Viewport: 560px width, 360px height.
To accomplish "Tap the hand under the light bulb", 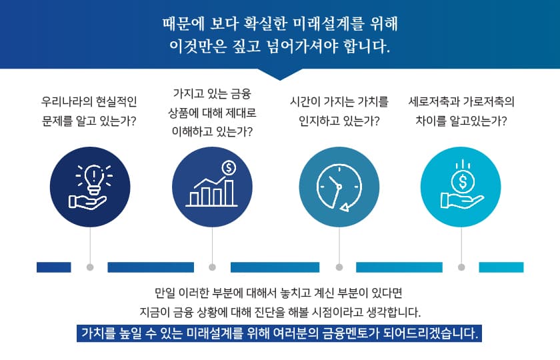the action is (x=87, y=202).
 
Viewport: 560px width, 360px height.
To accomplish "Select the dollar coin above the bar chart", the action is (x=229, y=167).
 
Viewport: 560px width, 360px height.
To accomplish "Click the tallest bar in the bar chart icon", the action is (x=229, y=193).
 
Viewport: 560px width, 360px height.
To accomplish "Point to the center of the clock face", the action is (x=339, y=187).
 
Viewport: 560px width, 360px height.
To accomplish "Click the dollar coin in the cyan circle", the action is (x=463, y=181).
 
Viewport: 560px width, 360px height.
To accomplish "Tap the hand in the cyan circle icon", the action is (x=461, y=201).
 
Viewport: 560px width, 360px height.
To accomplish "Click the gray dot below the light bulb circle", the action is (x=90, y=267).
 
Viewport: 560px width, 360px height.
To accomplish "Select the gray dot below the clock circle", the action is (x=339, y=267).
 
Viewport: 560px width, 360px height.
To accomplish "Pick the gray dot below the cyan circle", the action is (x=461, y=267).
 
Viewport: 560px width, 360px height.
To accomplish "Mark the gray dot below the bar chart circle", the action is (x=212, y=267).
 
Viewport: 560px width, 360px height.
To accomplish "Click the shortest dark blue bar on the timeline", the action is (x=53, y=267).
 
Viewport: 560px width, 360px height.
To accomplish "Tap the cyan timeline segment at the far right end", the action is (x=501, y=267).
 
